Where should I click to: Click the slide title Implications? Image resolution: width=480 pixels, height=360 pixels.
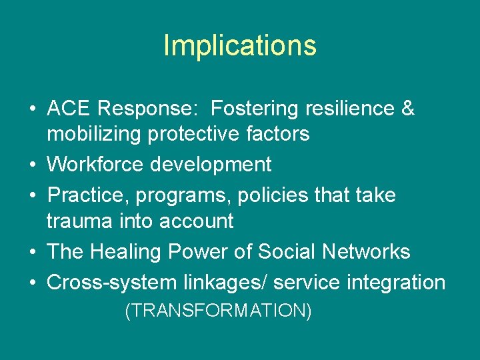pyautogui.click(x=239, y=45)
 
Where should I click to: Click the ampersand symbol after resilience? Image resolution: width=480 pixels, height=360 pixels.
pyautogui.click(x=407, y=108)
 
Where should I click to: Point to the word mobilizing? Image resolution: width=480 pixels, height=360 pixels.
pyautogui.click(x=94, y=134)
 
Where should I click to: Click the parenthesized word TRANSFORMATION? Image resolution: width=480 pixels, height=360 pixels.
pyautogui.click(x=218, y=311)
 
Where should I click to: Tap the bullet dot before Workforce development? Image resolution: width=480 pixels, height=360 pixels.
pyautogui.click(x=33, y=165)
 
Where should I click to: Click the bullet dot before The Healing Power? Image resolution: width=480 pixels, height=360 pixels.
pyautogui.click(x=33, y=252)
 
